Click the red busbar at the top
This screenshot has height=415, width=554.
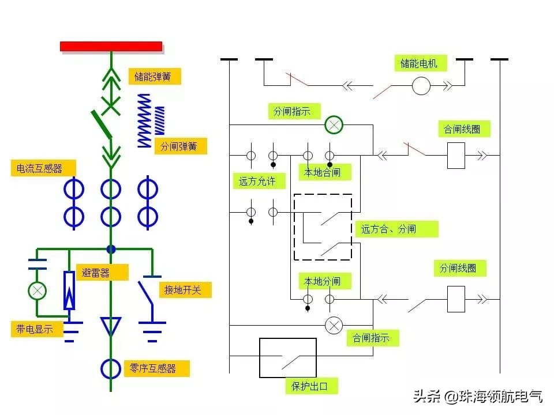coord(111,46)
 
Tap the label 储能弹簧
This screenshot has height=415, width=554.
coord(154,77)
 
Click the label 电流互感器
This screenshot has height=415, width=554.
coord(44,168)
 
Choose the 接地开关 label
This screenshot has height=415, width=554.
coord(185,290)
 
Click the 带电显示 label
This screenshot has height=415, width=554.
coord(36,329)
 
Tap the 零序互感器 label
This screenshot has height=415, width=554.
coord(156,368)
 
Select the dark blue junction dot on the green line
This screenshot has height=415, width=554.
coord(111,249)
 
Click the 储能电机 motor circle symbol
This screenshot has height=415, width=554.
coord(421,86)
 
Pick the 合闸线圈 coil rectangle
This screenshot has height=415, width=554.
coord(456,156)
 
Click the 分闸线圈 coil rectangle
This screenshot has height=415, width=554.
coord(456,300)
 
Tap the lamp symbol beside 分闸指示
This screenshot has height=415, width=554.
coord(334,124)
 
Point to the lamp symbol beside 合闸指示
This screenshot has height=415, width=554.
coord(334,326)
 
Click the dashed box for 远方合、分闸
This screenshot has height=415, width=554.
coord(323,227)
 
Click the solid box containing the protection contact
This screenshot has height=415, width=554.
coord(287,357)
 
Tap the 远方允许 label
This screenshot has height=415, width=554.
coord(257,182)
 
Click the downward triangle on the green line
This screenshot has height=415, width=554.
coord(111,326)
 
